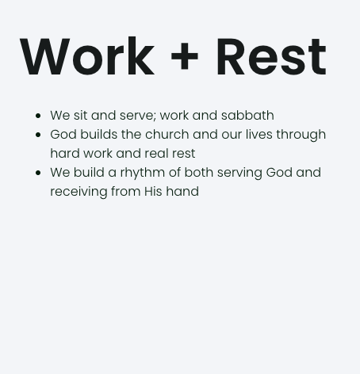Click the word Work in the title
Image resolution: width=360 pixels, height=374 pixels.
pyautogui.click(x=86, y=57)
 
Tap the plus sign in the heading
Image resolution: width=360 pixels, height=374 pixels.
pyautogui.click(x=185, y=59)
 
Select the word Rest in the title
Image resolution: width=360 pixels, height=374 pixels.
pyautogui.click(x=270, y=57)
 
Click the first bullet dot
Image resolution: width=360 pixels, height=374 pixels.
pyautogui.click(x=38, y=116)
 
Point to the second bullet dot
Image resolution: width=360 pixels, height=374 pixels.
pyautogui.click(x=38, y=135)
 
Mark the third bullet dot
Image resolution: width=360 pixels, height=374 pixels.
pyautogui.click(x=38, y=173)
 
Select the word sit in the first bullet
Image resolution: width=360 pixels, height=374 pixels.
pyautogui.click(x=80, y=116)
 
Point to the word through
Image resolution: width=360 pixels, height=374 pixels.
pyautogui.click(x=301, y=135)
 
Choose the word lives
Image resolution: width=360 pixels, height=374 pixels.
pyautogui.click(x=259, y=135)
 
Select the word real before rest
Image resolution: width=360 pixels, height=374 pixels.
pyautogui.click(x=158, y=154)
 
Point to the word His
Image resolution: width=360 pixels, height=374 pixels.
pyautogui.click(x=153, y=192)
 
